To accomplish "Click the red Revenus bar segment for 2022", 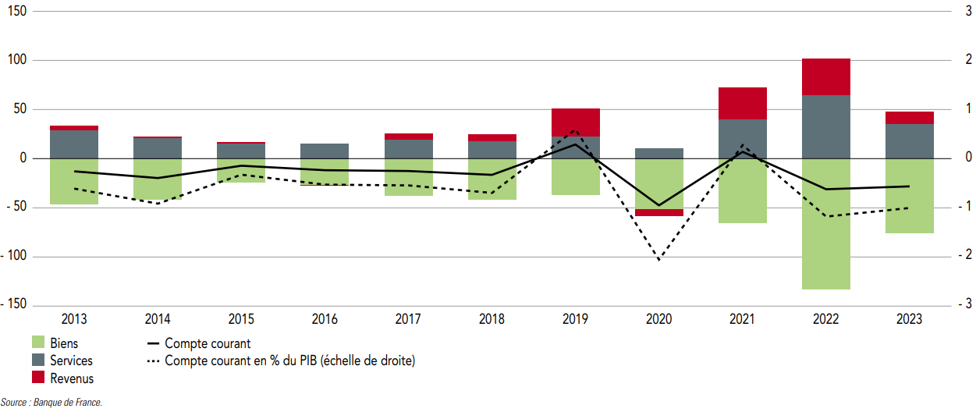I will click(x=825, y=76).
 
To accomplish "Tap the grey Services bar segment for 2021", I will click(x=742, y=138).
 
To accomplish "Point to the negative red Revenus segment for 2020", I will click(x=658, y=212).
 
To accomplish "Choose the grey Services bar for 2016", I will click(x=325, y=151).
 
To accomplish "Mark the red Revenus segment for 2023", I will click(x=909, y=118).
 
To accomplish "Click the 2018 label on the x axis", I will click(x=492, y=319).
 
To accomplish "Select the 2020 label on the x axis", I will click(x=658, y=319).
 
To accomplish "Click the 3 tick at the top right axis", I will click(x=968, y=11).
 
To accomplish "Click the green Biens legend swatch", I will click(x=38, y=343).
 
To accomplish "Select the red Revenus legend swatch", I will click(x=38, y=378).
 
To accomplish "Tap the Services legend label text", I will click(x=71, y=360).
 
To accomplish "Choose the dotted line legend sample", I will click(x=153, y=360).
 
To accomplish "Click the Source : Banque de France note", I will click(x=51, y=403).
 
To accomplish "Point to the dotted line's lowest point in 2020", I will click(x=658, y=259).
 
